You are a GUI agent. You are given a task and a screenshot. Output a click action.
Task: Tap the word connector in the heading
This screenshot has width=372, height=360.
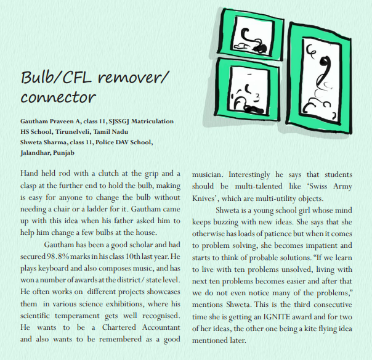(58, 97)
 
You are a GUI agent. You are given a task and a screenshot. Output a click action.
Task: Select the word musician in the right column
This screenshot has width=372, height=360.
(212, 174)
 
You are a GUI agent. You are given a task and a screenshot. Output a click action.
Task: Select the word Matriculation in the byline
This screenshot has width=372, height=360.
(150, 121)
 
